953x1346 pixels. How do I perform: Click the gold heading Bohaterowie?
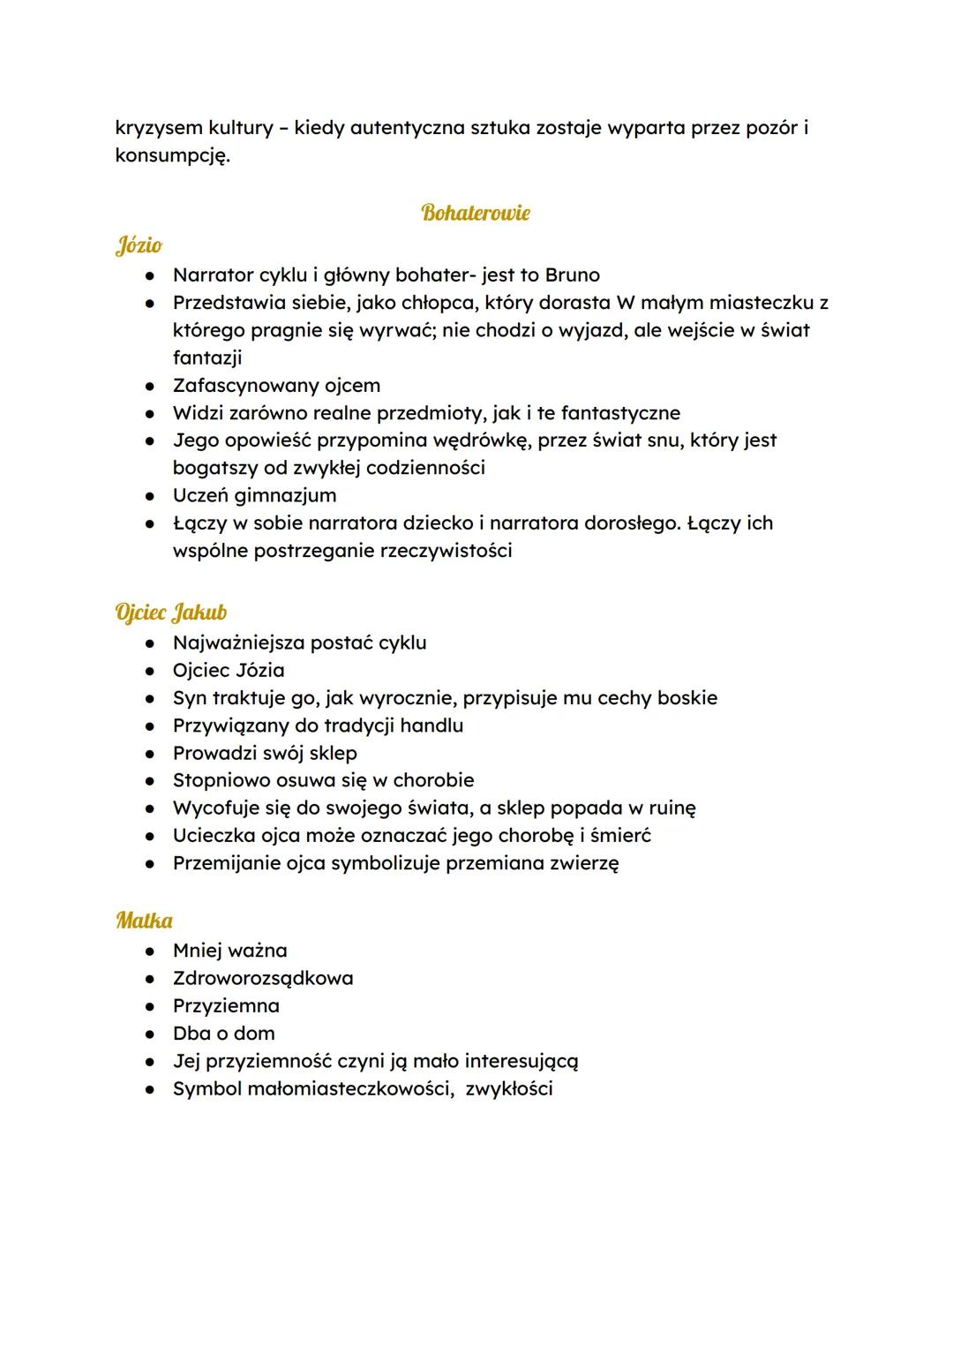tap(476, 213)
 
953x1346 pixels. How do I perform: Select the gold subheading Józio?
tap(139, 244)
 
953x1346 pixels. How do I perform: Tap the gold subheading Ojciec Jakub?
tap(171, 612)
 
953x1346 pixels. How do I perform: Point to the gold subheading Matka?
tap(144, 921)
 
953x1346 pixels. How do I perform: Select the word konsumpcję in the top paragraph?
tap(172, 157)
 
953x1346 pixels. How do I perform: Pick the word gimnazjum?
tap(285, 495)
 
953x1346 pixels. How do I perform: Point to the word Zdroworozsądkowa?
tap(263, 978)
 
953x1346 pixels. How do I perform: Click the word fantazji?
tap(207, 357)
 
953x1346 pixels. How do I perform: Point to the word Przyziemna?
tap(226, 1006)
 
